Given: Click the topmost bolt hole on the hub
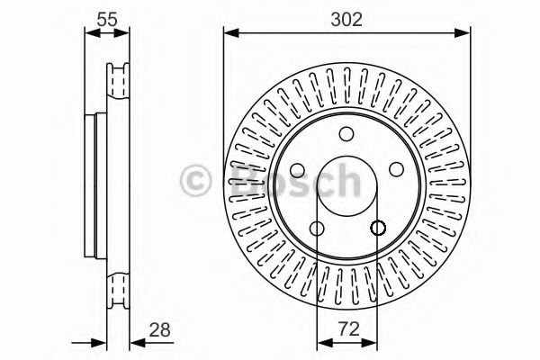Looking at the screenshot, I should pos(346,134).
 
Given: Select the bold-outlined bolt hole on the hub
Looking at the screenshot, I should pos(377,228).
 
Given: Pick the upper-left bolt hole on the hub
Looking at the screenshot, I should pos(298,169).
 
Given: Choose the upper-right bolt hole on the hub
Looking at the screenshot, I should pos(396,169).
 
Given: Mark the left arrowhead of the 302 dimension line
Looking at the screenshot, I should pos(229,34).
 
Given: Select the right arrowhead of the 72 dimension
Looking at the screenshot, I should pos(372,341).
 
